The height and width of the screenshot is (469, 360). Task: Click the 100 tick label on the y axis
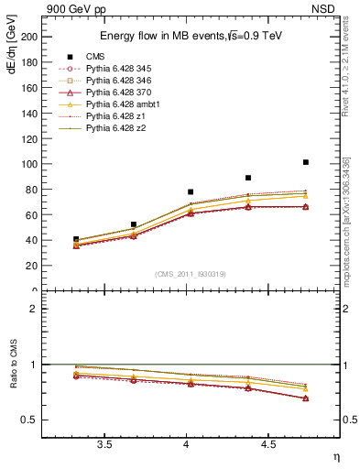[x=29, y=163]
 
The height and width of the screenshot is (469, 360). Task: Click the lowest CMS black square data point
[x=76, y=239]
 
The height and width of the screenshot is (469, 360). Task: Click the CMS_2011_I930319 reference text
[x=191, y=274]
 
